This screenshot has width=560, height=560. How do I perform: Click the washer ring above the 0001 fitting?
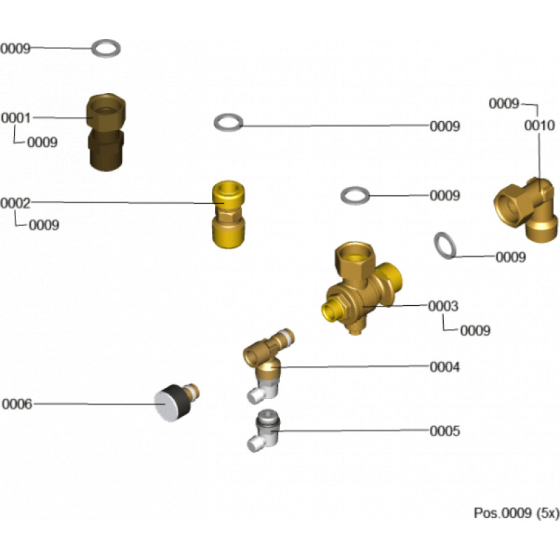[106, 48]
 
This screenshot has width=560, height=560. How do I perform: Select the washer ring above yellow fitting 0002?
[228, 123]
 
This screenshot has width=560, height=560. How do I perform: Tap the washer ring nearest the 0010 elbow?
[444, 245]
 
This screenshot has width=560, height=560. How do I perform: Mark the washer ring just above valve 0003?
[356, 195]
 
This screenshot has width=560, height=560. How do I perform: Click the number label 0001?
[15, 118]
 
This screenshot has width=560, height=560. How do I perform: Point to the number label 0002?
[15, 203]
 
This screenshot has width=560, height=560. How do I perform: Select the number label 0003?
[443, 307]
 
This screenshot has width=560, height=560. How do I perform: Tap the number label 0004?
[444, 367]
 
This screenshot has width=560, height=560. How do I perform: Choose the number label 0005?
[444, 431]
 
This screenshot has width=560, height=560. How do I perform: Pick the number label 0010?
[539, 126]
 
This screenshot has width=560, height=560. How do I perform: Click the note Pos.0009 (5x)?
[517, 513]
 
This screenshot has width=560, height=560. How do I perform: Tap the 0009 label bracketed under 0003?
[475, 330]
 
